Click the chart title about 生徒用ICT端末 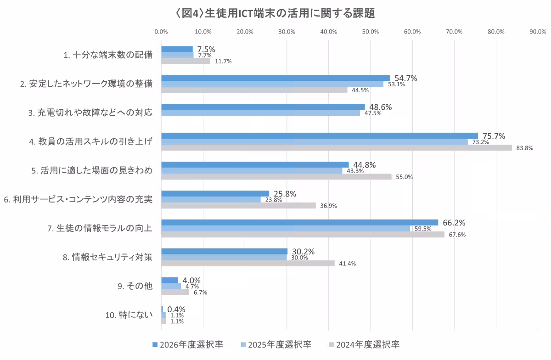pos(275,13)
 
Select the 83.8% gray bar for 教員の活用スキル pos(336,148)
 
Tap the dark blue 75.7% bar pos(319,136)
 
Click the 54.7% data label pos(405,79)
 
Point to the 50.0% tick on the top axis pos(370,32)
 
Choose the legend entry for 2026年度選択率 pos(188,344)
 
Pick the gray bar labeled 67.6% pos(303,235)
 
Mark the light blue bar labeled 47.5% pos(260,113)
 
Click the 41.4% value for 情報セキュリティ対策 pos(347,264)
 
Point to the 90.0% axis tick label pos(538,32)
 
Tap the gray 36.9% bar pos(238,206)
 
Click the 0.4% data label pos(176,309)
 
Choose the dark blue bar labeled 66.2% pos(299,223)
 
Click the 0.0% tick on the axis pos(161,32)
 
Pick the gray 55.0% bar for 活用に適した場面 pos(276,177)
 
